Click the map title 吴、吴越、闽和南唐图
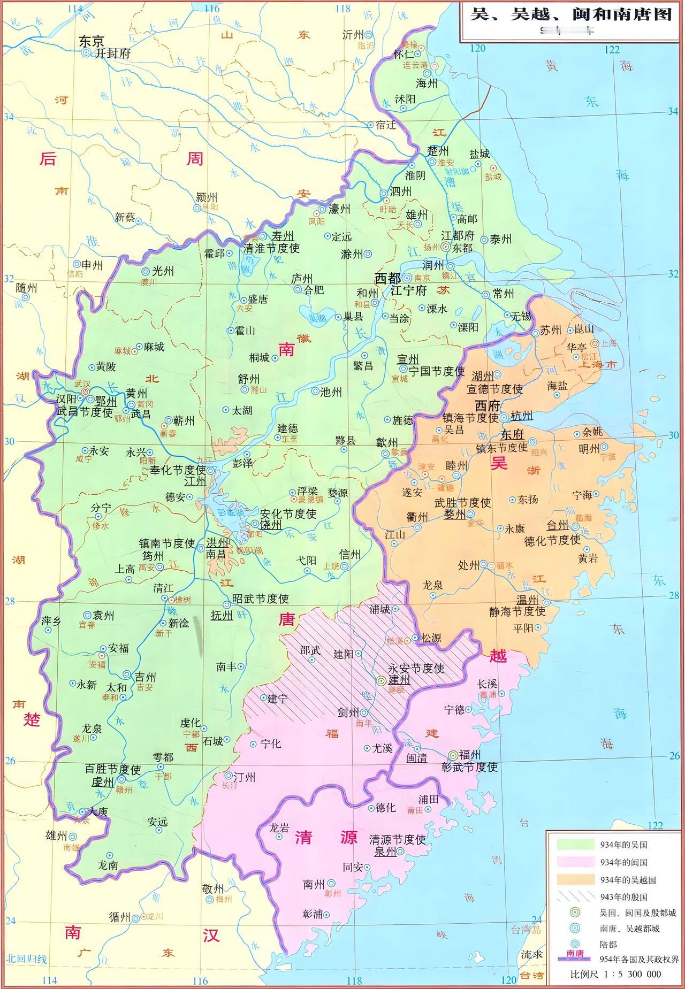pyautogui.click(x=570, y=14)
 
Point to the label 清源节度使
pyautogui.click(x=398, y=839)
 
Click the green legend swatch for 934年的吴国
pyautogui.click(x=575, y=845)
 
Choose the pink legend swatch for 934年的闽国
pyautogui.click(x=575, y=862)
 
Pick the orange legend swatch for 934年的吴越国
pyautogui.click(x=575, y=879)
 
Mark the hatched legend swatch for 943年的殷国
pyautogui.click(x=575, y=896)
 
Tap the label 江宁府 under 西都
pyautogui.click(x=408, y=291)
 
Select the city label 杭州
pyautogui.click(x=522, y=416)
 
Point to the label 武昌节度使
pyautogui.click(x=85, y=412)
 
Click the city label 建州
pyautogui.click(x=399, y=680)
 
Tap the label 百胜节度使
pyautogui.click(x=113, y=769)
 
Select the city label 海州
pyautogui.click(x=427, y=83)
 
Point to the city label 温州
pyautogui.click(x=527, y=599)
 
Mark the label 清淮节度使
pyautogui.click(x=271, y=248)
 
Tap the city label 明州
pyautogui.click(x=589, y=449)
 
